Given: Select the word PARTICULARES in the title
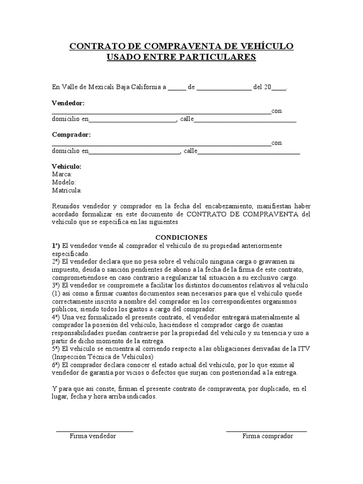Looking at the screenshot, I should point(216,57).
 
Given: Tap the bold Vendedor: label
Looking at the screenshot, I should point(68,103).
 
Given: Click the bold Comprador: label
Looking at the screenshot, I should point(71,135).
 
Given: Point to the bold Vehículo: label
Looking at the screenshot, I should point(67,167).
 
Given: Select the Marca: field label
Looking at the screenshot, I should point(62,174).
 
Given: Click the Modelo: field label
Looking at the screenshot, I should point(64,182).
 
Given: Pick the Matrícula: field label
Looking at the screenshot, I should point(67,190).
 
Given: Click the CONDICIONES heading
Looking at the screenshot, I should point(181,237).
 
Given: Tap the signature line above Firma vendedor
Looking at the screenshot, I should point(95,431).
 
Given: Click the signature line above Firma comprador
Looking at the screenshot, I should point(267,431).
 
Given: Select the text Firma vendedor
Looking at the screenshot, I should point(93,436).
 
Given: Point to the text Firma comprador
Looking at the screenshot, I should point(268,436).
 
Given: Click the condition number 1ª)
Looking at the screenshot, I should point(56,246).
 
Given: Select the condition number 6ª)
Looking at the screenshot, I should point(56,365).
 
